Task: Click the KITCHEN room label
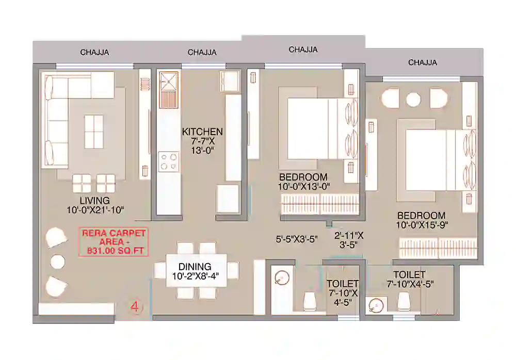click(202, 132)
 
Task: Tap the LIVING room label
click(94, 200)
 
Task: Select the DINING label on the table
click(195, 267)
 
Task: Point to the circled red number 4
click(135, 308)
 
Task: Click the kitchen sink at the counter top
click(169, 81)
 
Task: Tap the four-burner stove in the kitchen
click(169, 160)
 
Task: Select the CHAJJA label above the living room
click(94, 53)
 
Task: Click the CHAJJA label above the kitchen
click(202, 53)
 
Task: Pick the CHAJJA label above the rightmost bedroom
click(423, 62)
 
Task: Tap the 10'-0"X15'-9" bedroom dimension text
click(421, 225)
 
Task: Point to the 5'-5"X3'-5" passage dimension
click(296, 239)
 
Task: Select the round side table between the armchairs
click(57, 261)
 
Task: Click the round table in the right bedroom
click(413, 99)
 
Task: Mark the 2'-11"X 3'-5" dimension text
click(349, 240)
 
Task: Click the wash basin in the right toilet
click(376, 306)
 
